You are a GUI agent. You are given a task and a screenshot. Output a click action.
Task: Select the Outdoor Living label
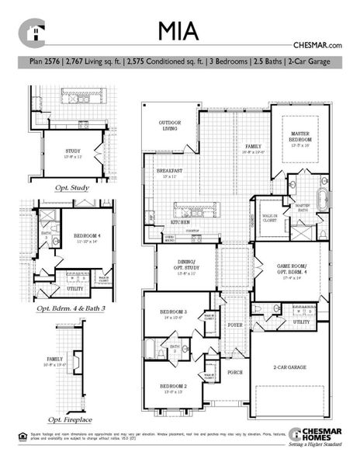pyautogui.click(x=169, y=125)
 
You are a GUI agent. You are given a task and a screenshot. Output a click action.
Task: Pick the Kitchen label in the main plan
pyautogui.click(x=180, y=221)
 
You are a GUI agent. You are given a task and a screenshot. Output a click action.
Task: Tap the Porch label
pyautogui.click(x=234, y=372)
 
